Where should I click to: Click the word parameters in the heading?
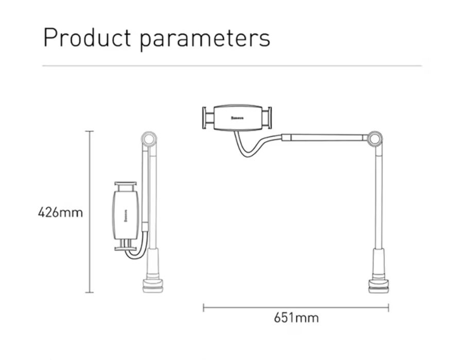pyautogui.click(x=204, y=40)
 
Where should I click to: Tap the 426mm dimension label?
pyautogui.click(x=60, y=212)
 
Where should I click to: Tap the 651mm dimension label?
pyautogui.click(x=296, y=318)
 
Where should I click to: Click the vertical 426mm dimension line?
pyautogui.click(x=90, y=212)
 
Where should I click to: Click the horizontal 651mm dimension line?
pyautogui.click(x=296, y=308)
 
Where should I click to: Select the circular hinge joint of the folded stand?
pyautogui.click(x=149, y=139)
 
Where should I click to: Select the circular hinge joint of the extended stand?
pyautogui.click(x=375, y=139)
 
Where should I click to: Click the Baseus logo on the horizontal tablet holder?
pyautogui.click(x=237, y=118)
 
